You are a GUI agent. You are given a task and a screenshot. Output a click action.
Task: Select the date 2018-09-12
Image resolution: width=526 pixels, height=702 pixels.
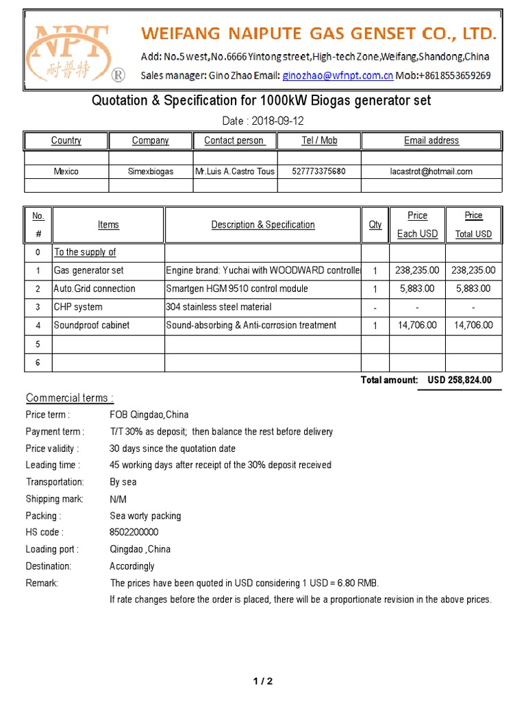pyautogui.click(x=277, y=121)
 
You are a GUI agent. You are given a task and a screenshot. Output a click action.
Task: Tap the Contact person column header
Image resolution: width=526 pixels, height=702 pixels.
pyautogui.click(x=234, y=141)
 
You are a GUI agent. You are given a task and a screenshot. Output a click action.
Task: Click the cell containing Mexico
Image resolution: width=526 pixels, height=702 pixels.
pyautogui.click(x=66, y=171)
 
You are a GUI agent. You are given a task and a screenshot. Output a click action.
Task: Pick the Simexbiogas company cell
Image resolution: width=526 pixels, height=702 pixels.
pyautogui.click(x=151, y=171)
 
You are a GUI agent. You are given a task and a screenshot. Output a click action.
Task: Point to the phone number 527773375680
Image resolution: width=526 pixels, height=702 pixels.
pyautogui.click(x=318, y=171)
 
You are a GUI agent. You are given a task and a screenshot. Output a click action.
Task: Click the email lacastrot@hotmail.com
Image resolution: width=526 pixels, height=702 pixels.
pyautogui.click(x=431, y=171)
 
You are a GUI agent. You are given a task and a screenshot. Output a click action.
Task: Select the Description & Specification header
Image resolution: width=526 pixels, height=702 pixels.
pyautogui.click(x=263, y=225)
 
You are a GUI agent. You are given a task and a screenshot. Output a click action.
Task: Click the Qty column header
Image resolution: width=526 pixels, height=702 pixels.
pyautogui.click(x=375, y=225)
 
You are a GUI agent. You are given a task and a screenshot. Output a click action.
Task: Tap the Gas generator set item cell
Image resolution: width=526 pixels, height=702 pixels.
pyautogui.click(x=89, y=271)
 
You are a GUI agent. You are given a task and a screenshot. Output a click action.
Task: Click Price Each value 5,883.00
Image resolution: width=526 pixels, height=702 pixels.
pyautogui.click(x=417, y=289)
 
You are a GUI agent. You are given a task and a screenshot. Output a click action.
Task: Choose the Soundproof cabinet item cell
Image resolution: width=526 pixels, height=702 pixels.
pyautogui.click(x=91, y=326)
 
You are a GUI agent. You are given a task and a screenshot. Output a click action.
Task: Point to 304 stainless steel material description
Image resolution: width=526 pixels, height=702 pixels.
pyautogui.click(x=218, y=307)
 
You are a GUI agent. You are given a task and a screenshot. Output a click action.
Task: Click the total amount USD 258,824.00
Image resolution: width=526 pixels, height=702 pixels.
pyautogui.click(x=459, y=380)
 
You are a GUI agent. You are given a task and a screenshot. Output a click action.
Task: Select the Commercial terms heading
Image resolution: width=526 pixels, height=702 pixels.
pyautogui.click(x=70, y=398)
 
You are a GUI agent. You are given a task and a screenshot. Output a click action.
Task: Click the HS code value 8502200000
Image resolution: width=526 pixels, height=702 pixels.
pyautogui.click(x=134, y=533)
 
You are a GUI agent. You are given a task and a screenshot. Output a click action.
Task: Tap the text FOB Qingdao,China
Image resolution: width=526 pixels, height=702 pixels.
pyautogui.click(x=149, y=415)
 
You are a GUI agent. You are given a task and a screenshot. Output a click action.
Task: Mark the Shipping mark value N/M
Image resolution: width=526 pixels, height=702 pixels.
pyautogui.click(x=118, y=499)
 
